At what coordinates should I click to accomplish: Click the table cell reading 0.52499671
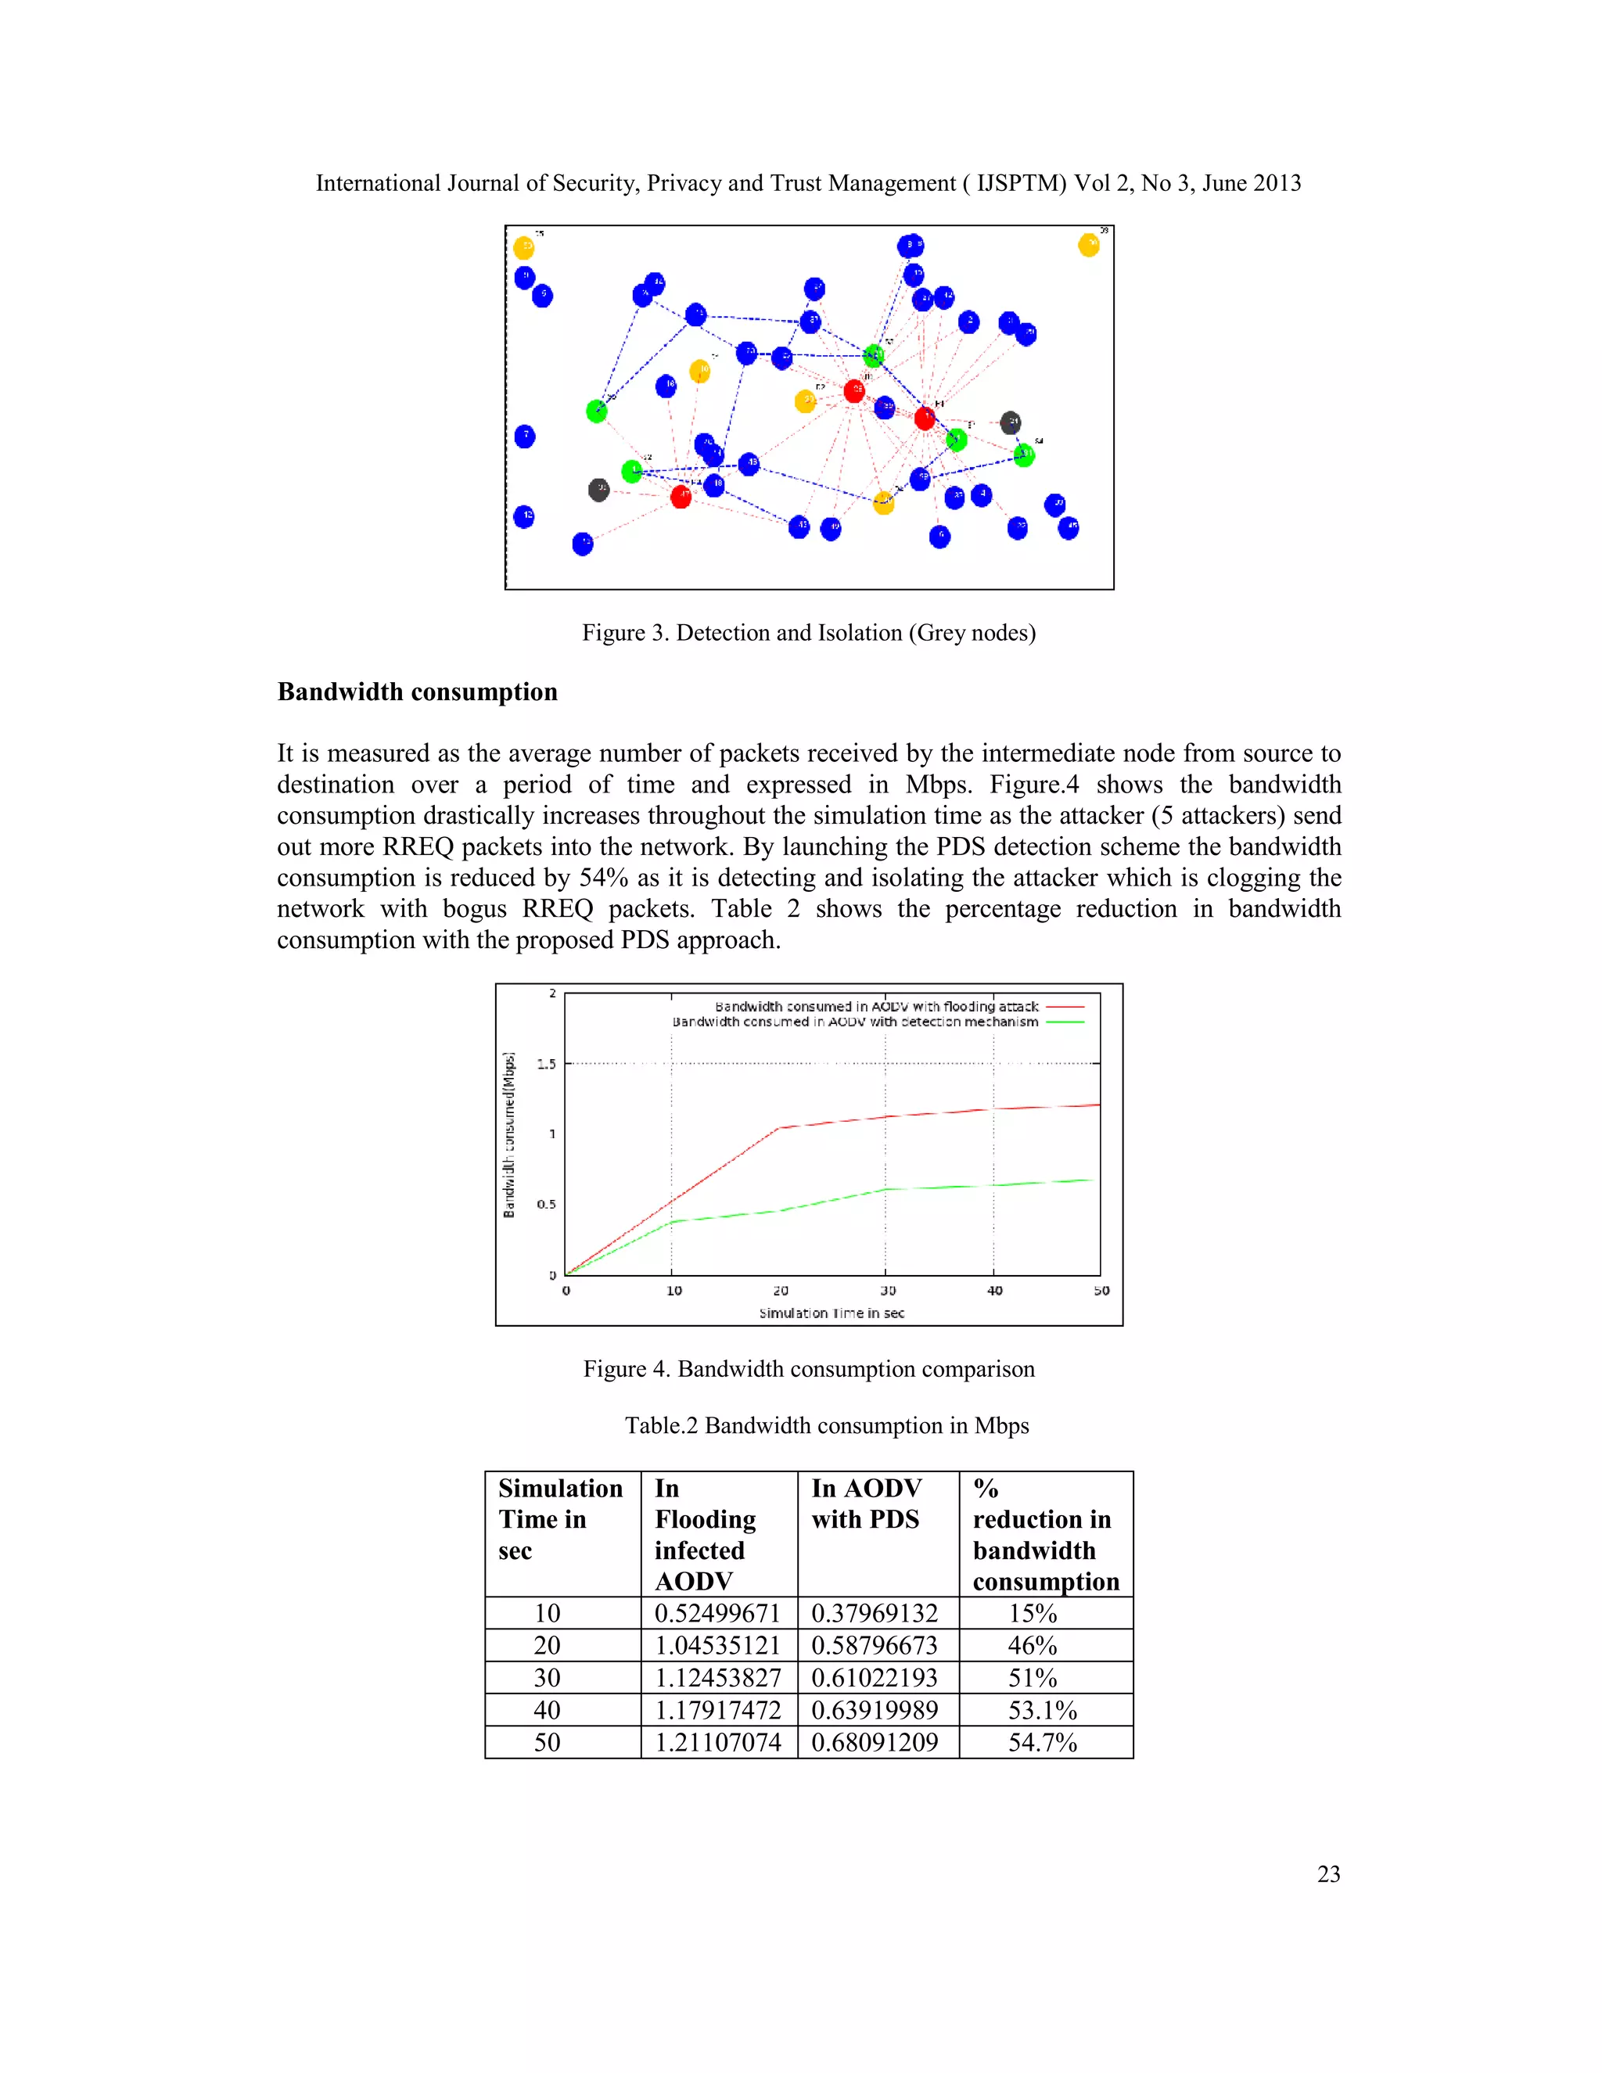(x=717, y=1613)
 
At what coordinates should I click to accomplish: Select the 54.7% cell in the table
(x=1042, y=1742)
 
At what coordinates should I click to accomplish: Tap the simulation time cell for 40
(x=547, y=1709)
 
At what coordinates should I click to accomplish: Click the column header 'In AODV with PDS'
(x=867, y=1504)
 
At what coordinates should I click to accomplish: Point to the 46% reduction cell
(x=1033, y=1645)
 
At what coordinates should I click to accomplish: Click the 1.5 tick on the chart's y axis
(x=547, y=1064)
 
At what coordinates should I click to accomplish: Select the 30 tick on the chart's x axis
(x=887, y=1291)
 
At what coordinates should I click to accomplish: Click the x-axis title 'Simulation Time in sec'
(x=832, y=1313)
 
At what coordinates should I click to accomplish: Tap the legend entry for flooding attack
(x=877, y=1006)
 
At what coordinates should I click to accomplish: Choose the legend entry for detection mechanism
(x=855, y=1022)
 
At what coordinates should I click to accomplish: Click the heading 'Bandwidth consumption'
(x=418, y=692)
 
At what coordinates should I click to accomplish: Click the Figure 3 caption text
(x=809, y=633)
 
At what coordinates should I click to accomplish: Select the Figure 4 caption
(x=809, y=1369)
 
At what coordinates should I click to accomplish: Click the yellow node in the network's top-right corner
(x=1089, y=246)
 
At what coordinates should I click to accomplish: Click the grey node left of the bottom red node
(x=598, y=490)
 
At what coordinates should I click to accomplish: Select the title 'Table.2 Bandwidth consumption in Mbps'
(x=827, y=1425)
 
